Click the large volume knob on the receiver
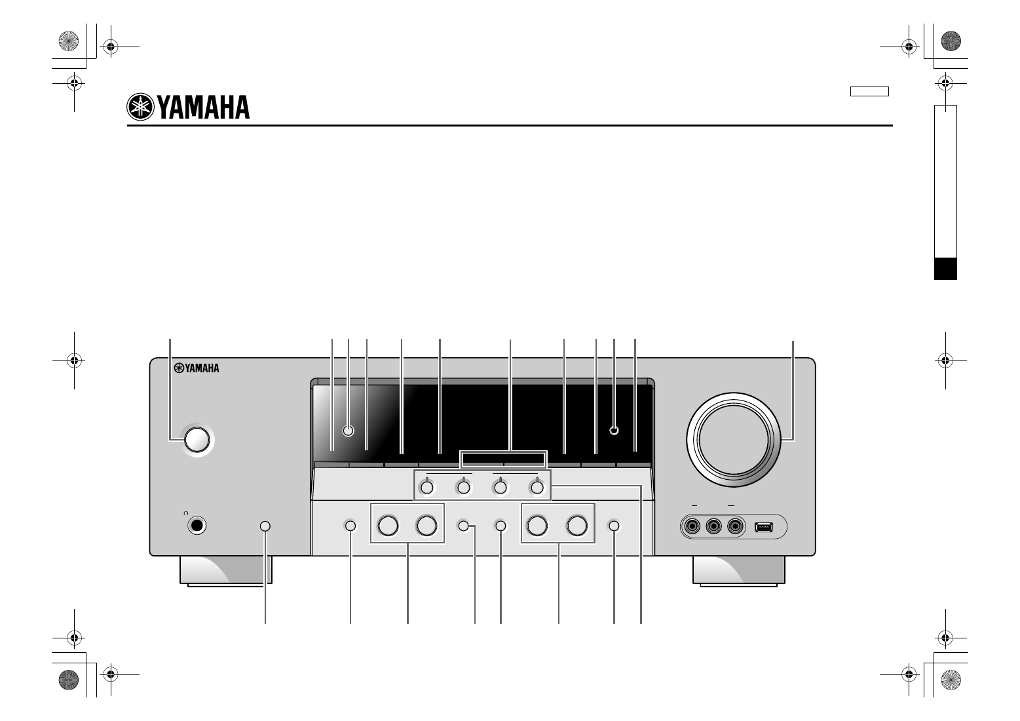pyautogui.click(x=733, y=440)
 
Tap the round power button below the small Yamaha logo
pyautogui.click(x=197, y=440)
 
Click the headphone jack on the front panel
pyautogui.click(x=197, y=526)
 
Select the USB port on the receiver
pyautogui.click(x=764, y=527)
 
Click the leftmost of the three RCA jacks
pyautogui.click(x=692, y=526)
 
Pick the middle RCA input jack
pyautogui.click(x=713, y=526)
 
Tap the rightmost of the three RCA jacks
pyautogui.click(x=734, y=526)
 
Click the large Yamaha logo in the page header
pyautogui.click(x=188, y=107)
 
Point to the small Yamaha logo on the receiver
pyautogui.click(x=197, y=368)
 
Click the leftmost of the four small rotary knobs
pyautogui.click(x=427, y=488)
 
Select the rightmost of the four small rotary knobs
pyautogui.click(x=537, y=488)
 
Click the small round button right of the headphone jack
pyautogui.click(x=265, y=526)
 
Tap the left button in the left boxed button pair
pyautogui.click(x=388, y=526)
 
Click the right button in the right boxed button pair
pyautogui.click(x=576, y=526)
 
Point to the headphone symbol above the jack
pyautogui.click(x=186, y=513)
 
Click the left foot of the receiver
pyautogui.click(x=226, y=570)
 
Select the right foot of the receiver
pyautogui.click(x=738, y=570)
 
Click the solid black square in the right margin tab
pyautogui.click(x=945, y=269)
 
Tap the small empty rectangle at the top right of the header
pyautogui.click(x=869, y=92)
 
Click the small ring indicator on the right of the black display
pyautogui.click(x=614, y=431)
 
